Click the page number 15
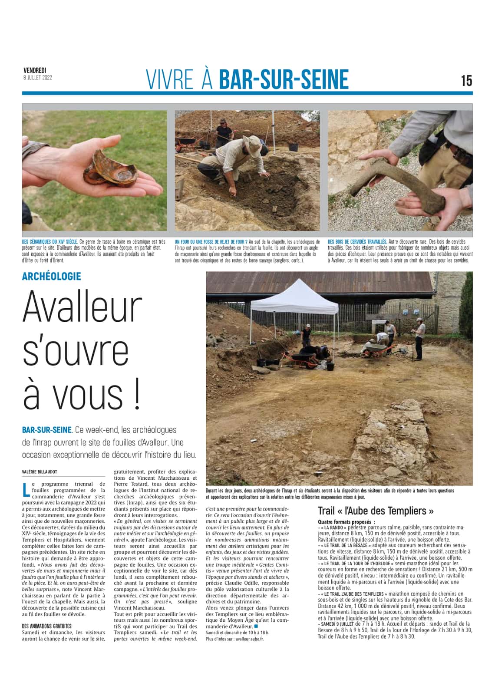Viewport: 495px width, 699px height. [466, 81]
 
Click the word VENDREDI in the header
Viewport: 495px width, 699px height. [35, 70]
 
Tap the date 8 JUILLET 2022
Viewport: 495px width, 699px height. [38, 77]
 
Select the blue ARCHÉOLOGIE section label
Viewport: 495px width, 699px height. [52, 276]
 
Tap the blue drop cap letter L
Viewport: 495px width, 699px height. [26, 489]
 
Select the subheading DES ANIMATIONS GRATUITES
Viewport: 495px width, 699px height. [46, 626]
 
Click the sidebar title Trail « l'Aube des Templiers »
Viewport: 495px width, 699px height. [376, 511]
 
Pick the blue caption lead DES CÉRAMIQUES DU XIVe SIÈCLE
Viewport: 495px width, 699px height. [49, 241]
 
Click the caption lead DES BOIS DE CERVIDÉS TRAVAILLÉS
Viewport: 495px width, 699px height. [357, 241]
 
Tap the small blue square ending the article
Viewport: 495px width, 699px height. [256, 626]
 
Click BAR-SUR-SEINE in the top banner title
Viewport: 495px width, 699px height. [284, 80]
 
